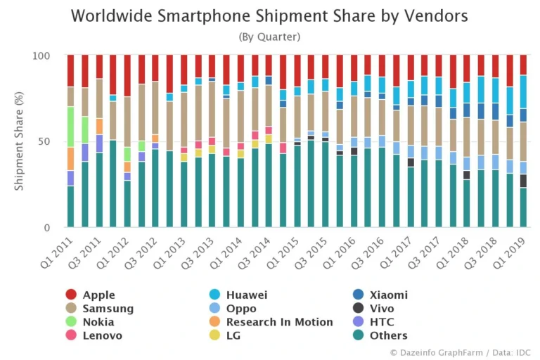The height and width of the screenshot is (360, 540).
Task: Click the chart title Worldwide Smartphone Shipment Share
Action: pos(269,15)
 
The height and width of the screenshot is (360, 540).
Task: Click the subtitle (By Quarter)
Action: pos(269,37)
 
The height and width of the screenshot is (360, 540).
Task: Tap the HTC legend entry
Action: pos(380,322)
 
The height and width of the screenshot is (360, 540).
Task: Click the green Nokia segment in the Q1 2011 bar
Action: pos(70,127)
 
